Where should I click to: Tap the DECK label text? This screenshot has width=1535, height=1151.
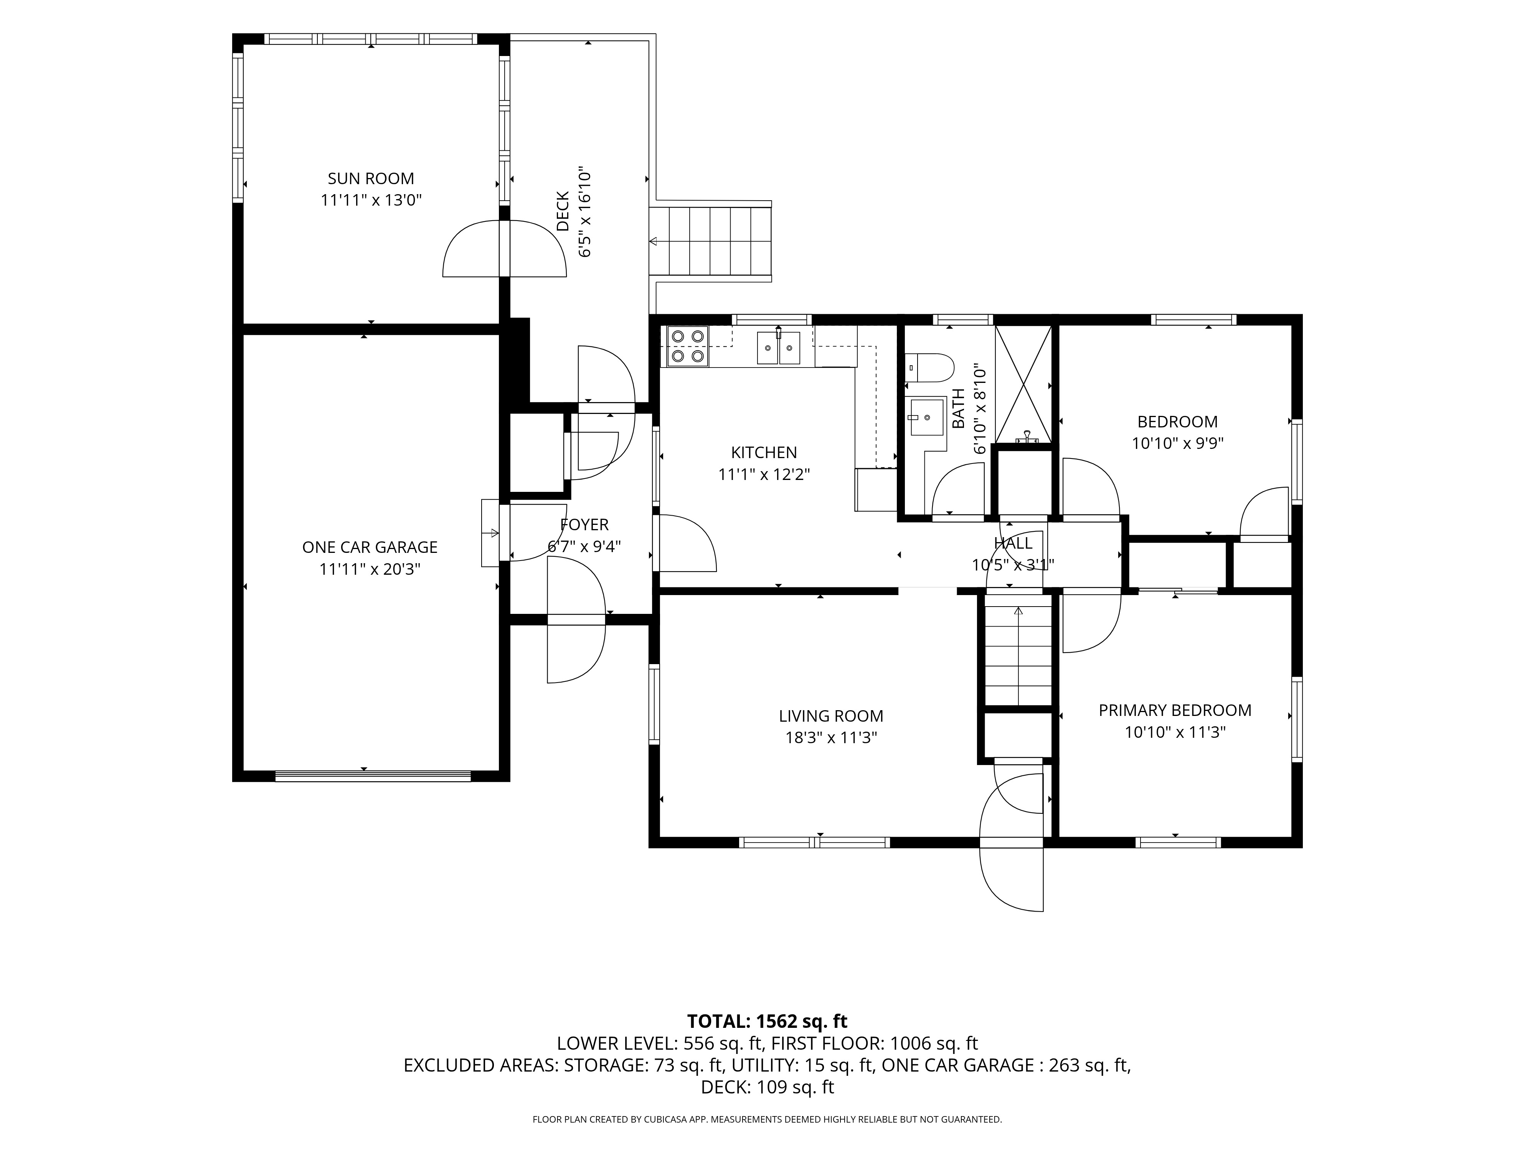563,212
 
